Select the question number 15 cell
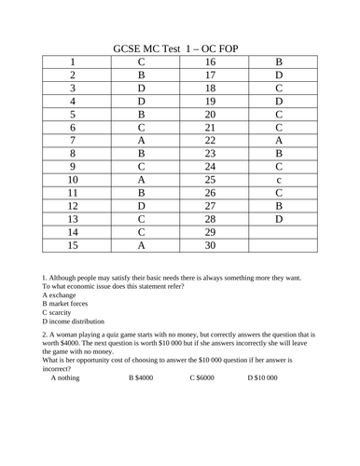73,246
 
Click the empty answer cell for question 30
278,246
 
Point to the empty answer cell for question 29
278,228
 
